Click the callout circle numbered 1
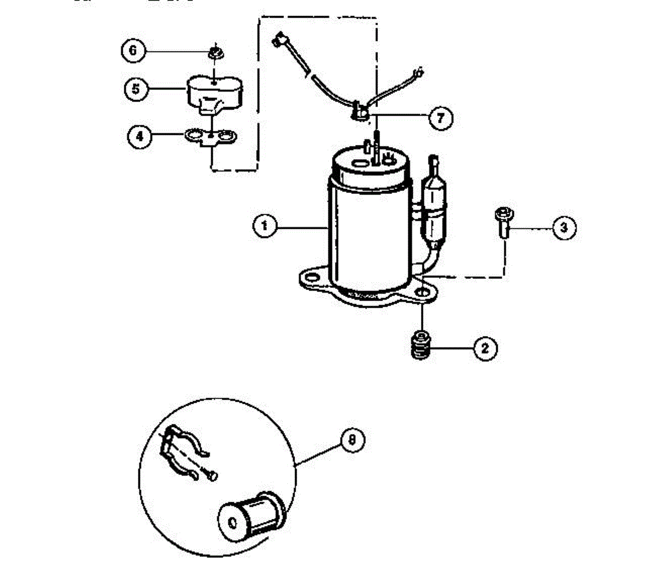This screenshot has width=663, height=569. point(265,226)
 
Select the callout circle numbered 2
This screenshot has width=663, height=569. point(485,348)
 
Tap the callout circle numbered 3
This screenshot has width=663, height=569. point(564,228)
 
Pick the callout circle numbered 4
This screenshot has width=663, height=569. point(140,136)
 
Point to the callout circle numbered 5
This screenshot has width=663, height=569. point(136,88)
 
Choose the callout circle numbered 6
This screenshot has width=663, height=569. point(133,51)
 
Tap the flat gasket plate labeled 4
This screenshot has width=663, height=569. point(209,136)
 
